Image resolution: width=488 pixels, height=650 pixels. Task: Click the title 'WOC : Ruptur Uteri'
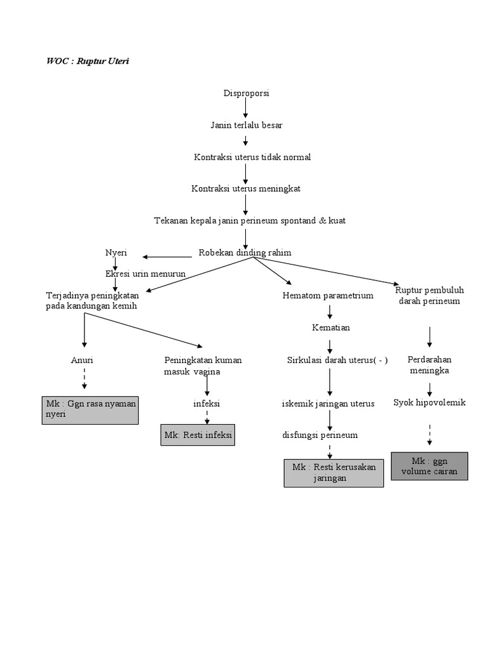click(88, 62)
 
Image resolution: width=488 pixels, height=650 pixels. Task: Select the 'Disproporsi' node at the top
click(246, 93)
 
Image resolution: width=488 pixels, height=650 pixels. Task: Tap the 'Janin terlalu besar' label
click(247, 125)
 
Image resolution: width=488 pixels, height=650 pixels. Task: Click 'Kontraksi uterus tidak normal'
click(252, 157)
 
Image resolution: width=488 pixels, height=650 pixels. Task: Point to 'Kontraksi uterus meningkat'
click(246, 189)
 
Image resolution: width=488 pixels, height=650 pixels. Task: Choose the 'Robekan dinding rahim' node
click(245, 253)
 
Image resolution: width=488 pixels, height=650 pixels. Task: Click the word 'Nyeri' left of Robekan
click(116, 253)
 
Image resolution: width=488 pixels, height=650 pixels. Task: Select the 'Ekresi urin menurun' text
click(145, 274)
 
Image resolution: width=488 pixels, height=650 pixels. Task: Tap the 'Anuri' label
click(82, 360)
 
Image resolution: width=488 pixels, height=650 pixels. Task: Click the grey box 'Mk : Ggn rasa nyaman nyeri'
click(90, 409)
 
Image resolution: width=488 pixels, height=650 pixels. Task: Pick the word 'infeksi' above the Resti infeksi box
click(207, 403)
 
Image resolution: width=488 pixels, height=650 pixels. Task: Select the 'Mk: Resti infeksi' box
click(198, 435)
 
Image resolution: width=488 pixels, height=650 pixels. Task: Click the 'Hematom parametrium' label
click(328, 296)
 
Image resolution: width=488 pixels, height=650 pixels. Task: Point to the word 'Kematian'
click(330, 328)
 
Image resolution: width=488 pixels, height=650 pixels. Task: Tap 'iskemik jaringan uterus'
click(328, 403)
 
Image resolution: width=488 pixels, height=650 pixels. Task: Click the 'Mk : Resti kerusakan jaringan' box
click(334, 473)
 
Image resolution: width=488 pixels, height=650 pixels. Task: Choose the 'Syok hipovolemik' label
click(430, 402)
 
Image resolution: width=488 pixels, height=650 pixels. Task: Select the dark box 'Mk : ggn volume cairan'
click(430, 467)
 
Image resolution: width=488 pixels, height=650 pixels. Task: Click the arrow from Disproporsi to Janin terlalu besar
click(246, 109)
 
